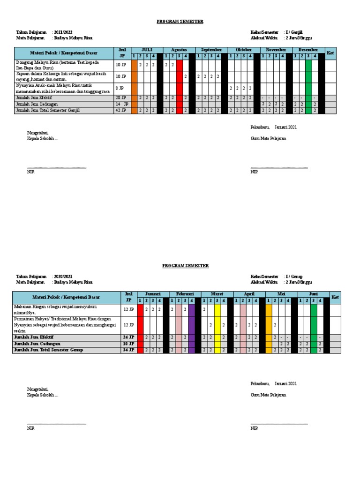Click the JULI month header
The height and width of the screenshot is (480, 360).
(x=147, y=50)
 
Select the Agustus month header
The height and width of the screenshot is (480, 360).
(x=179, y=50)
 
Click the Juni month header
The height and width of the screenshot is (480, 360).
(x=314, y=294)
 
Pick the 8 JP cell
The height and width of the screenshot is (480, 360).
(x=120, y=88)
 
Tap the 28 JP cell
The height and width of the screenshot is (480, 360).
(x=120, y=97)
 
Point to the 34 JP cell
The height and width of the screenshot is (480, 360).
(x=128, y=350)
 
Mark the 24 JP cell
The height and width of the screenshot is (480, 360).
(x=128, y=337)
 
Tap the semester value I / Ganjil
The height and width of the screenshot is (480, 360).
(x=294, y=32)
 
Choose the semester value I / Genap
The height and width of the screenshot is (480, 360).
(x=294, y=277)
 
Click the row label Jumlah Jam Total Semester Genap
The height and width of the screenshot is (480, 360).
(x=48, y=350)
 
